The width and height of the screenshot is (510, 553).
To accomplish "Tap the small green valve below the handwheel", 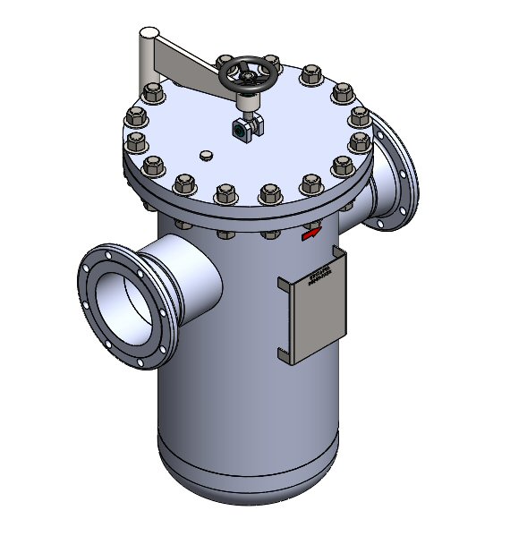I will point(242,129).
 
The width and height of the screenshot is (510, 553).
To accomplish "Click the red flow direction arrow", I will point(310,235).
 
